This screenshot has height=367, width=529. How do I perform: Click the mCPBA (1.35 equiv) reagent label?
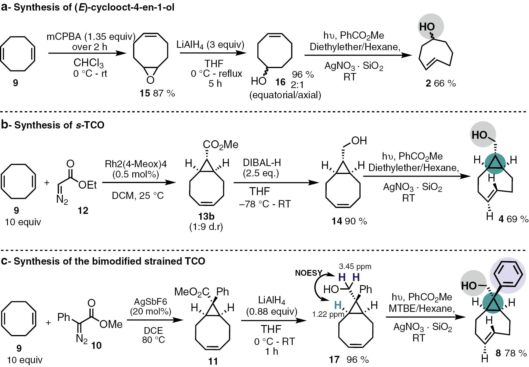[x=91, y=37]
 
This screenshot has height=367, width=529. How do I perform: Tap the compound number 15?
[x=145, y=93]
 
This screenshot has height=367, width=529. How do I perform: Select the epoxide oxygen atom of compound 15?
[x=150, y=80]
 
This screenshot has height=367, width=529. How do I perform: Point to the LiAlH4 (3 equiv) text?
[x=210, y=45]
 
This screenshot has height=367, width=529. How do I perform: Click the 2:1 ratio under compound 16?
[x=297, y=85]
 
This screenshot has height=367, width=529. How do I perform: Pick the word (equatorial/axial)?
[x=285, y=95]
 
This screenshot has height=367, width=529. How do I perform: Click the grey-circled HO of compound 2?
[x=427, y=27]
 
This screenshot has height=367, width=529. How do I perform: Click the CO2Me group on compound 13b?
[x=221, y=145]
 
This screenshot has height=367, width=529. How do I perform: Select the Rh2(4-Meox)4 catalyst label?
[x=136, y=163]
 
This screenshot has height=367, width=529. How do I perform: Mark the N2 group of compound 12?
[x=62, y=200]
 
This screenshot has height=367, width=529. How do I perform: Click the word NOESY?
[x=308, y=273]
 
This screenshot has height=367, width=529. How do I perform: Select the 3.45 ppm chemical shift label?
[x=355, y=267]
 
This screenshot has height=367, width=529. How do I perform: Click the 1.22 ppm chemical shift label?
[x=328, y=315]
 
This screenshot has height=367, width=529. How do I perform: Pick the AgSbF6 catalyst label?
[x=150, y=302]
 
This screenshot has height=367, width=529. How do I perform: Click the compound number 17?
[x=334, y=359]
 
